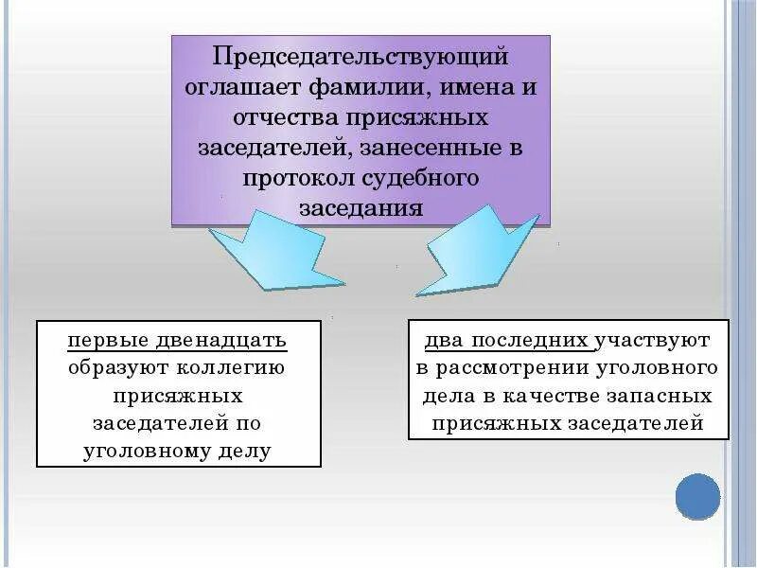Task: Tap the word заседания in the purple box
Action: pos(360,208)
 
